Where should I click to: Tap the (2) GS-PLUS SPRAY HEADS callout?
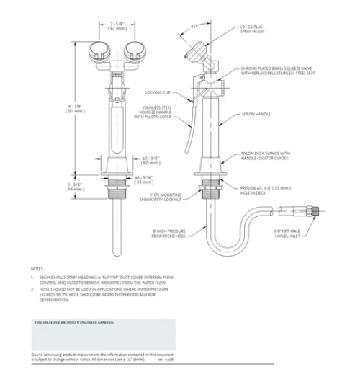click(253, 30)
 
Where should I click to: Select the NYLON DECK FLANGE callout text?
click(267, 156)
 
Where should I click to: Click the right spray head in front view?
click(135, 51)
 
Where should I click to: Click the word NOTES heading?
click(37, 269)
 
